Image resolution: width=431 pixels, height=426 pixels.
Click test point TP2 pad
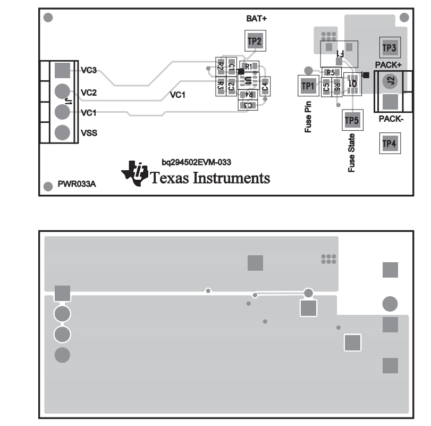[255, 41]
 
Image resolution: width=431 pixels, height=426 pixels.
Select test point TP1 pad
[308, 86]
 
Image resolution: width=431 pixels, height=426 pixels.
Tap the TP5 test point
[352, 121]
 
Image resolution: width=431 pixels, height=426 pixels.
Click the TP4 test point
[389, 143]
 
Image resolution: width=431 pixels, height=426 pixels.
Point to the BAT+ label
[256, 19]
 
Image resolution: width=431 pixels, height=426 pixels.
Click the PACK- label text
[391, 119]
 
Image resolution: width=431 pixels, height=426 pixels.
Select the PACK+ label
[388, 65]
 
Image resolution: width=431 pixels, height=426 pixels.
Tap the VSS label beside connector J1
[89, 133]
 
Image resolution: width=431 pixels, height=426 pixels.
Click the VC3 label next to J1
[89, 70]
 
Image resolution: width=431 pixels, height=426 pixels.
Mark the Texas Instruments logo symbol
[135, 173]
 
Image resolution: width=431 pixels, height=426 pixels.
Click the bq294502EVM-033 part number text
[196, 162]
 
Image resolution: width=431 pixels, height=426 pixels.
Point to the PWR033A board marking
[77, 186]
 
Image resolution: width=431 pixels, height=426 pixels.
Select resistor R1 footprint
[249, 66]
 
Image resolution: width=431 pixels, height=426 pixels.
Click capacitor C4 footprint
[265, 85]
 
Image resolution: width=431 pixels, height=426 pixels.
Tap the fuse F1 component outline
[339, 53]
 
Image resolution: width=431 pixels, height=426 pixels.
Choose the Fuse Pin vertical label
[308, 116]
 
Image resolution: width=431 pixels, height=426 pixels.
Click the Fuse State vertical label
[351, 153]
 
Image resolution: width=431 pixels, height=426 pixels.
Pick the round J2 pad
[390, 81]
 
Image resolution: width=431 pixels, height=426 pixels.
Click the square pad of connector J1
[62, 70]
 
